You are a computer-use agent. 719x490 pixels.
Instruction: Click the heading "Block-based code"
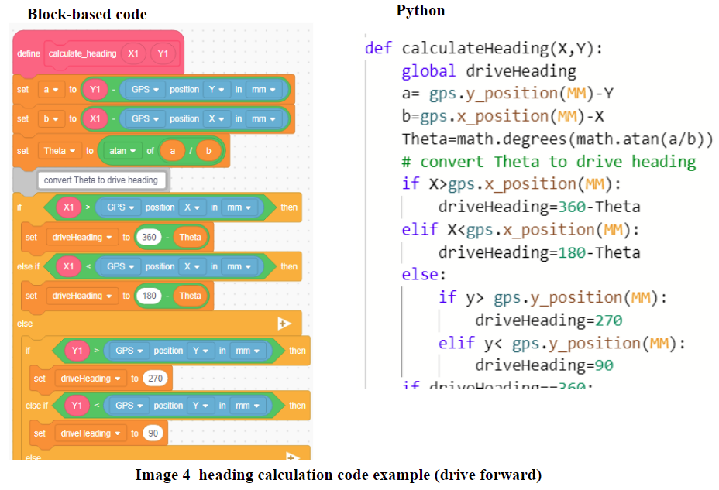coord(86,14)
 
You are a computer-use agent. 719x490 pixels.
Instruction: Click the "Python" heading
coord(421,11)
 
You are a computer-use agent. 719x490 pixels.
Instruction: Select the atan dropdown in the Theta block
coord(123,151)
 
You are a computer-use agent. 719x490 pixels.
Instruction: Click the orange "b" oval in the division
coord(207,151)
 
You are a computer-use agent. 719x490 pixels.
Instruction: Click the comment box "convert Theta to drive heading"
coord(101,180)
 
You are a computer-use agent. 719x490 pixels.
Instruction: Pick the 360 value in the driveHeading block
coord(149,238)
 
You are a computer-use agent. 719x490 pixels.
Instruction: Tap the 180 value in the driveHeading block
coord(149,296)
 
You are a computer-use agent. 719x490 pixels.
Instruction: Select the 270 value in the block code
coord(156,379)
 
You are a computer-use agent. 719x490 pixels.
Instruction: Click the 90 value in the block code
coord(153,433)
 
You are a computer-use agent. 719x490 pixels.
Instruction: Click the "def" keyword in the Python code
coord(378,49)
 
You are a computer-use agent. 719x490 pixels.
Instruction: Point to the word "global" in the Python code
coord(428,72)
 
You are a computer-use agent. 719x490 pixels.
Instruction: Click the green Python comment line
coord(549,162)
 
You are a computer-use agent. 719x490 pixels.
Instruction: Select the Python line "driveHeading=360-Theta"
coord(538,207)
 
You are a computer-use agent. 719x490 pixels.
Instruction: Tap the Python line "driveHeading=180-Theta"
coord(538,252)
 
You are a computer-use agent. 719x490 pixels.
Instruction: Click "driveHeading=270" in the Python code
coord(548,320)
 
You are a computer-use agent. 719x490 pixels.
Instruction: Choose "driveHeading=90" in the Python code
coord(543,365)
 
